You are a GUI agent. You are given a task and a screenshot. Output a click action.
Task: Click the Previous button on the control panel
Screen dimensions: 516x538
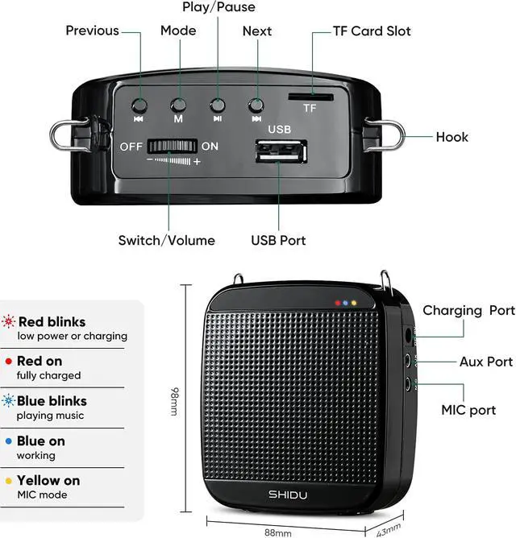[x=139, y=105]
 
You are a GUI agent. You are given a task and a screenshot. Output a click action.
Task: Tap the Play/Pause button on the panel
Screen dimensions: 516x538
[x=217, y=105]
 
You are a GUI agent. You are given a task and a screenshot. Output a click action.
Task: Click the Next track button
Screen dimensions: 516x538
[x=256, y=105]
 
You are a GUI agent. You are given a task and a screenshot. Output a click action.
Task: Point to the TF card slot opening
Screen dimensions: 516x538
[x=309, y=96]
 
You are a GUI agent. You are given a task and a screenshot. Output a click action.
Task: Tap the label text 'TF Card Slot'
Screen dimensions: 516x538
[x=372, y=31]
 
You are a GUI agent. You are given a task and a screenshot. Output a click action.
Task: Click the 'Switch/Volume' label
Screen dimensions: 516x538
[x=167, y=240]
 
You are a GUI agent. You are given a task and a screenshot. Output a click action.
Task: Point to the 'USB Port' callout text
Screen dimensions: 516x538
[x=278, y=240]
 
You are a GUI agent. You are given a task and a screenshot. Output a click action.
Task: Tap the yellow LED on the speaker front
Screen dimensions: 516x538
[x=354, y=304]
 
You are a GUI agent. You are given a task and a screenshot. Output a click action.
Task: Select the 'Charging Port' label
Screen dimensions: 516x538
[x=468, y=310]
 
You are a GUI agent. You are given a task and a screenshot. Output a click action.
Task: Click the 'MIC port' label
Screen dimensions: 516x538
[x=468, y=410]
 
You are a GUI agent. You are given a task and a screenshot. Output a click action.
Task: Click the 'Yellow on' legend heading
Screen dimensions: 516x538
[x=48, y=480]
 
